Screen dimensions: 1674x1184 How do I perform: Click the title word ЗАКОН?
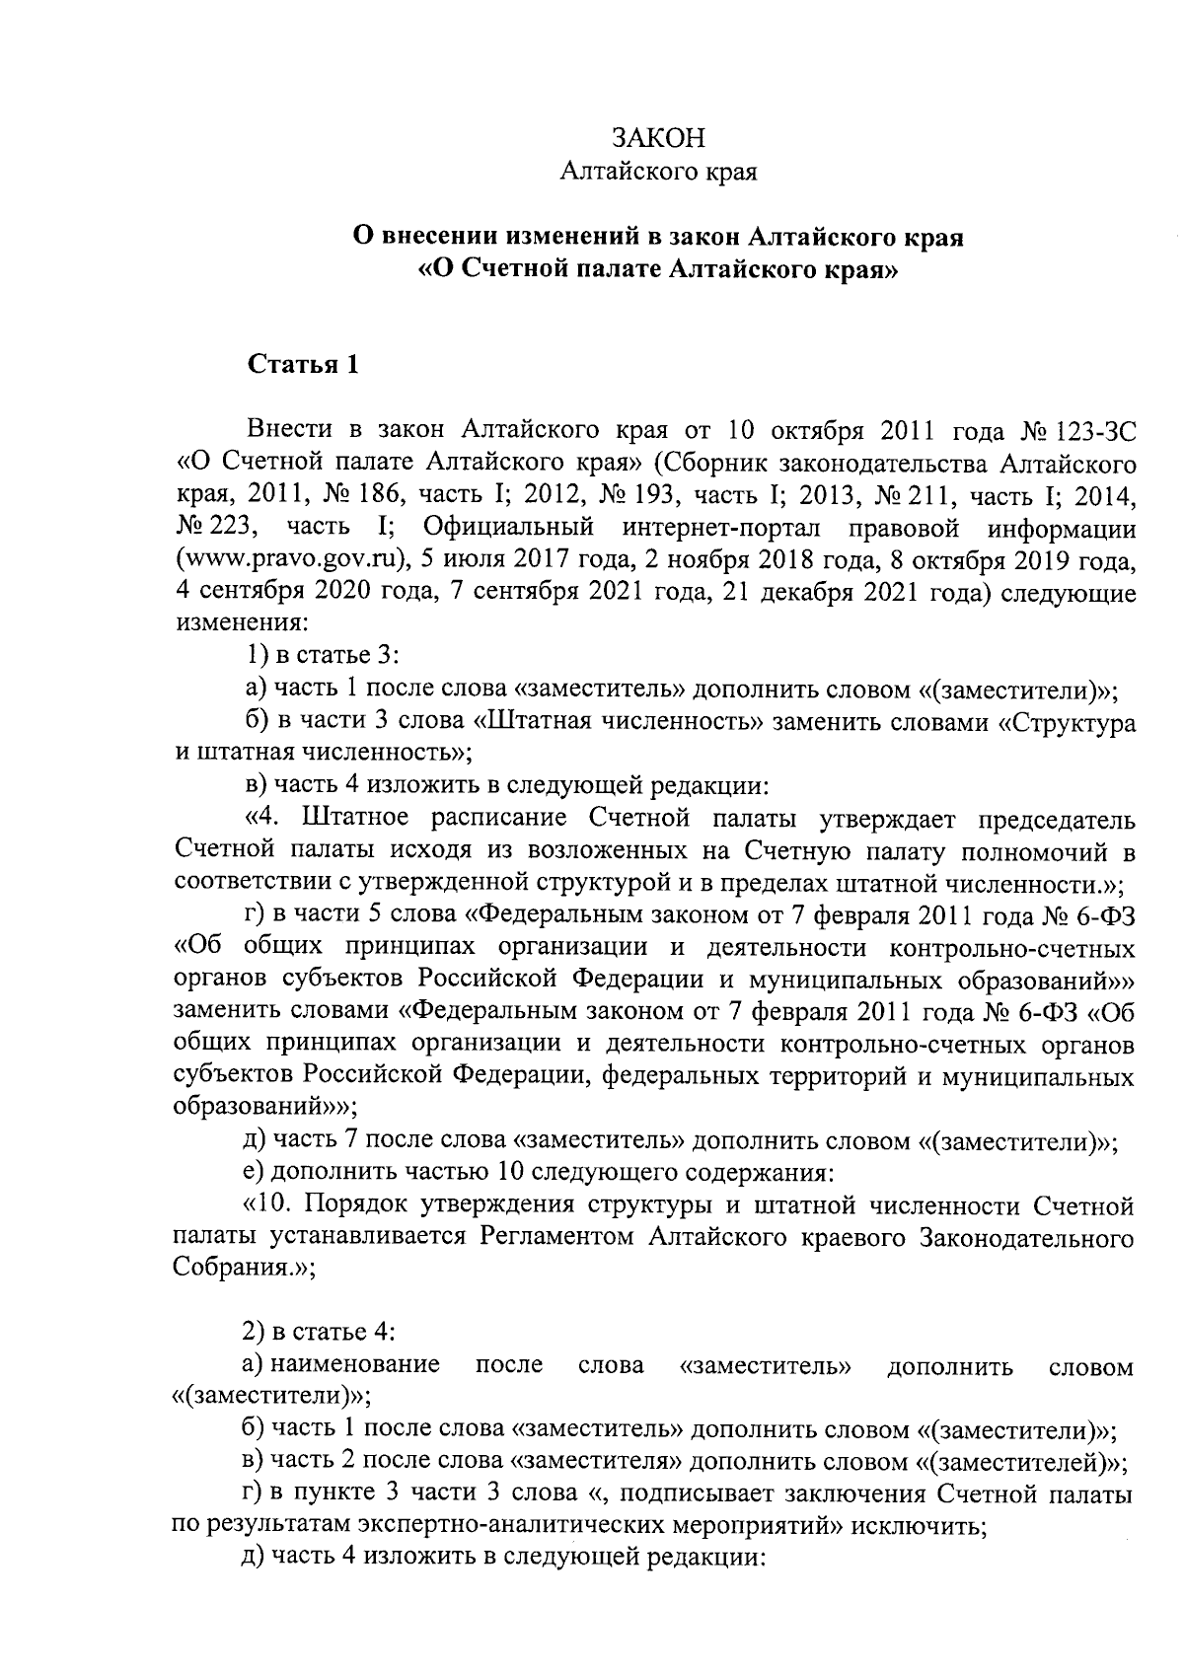pyautogui.click(x=657, y=137)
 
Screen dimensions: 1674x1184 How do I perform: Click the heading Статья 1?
pyautogui.click(x=302, y=365)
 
